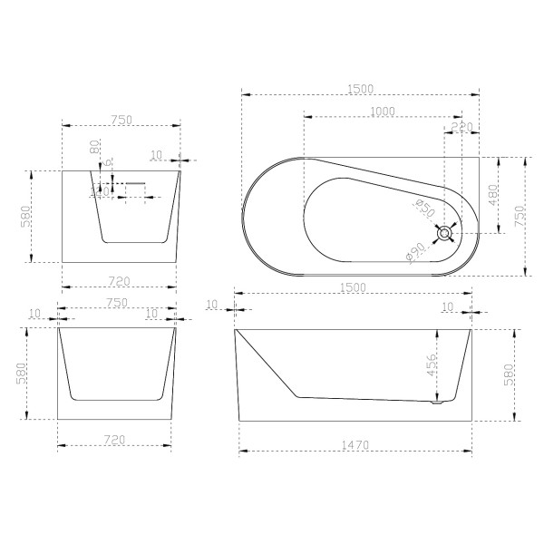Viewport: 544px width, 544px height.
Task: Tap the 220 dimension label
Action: tap(461, 127)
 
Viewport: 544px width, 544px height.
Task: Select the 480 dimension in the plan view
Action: tap(492, 195)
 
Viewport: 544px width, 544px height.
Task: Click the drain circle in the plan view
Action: tap(444, 234)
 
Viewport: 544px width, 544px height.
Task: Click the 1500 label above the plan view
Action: tap(360, 87)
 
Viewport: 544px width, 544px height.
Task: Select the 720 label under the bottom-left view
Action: tap(113, 439)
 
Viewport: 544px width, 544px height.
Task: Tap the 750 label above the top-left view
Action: tap(120, 119)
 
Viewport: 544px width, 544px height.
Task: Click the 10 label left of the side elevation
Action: tap(213, 304)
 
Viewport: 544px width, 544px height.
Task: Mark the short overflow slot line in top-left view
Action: tap(135, 182)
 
